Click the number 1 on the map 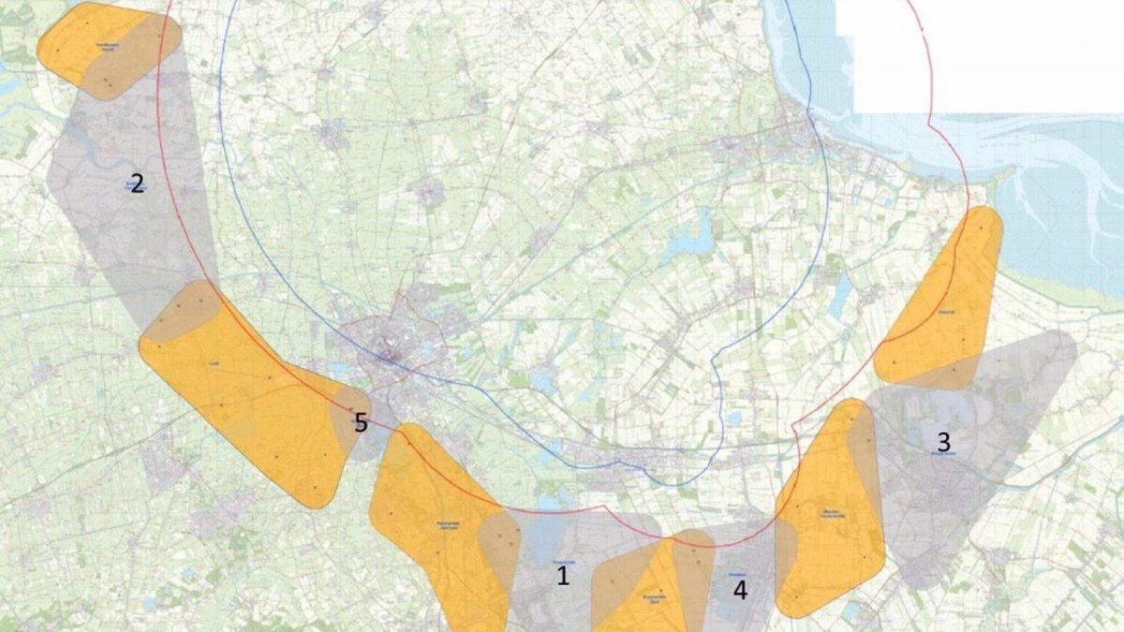pos(563,576)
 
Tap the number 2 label pos(137,184)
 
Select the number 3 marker pos(943,440)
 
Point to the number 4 pos(741,591)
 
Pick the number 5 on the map pos(361,423)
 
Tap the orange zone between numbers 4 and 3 pos(829,515)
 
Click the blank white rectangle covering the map pos(979,56)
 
